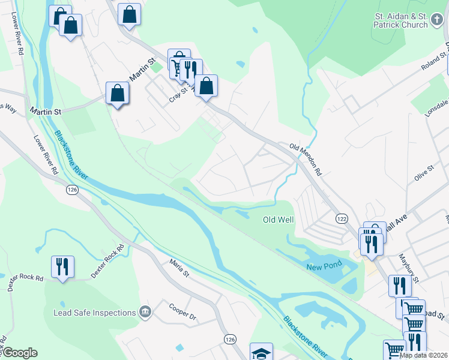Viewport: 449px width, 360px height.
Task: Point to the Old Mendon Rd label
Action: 306,154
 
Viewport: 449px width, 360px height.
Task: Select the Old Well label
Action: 279,220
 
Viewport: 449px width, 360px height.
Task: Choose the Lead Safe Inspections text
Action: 94,313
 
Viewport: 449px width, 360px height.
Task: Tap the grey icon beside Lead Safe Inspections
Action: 145,312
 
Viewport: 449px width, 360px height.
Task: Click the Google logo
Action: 19,353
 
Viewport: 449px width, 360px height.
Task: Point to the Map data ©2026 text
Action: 423,355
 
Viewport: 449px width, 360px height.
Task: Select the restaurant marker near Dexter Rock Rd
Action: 62,267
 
